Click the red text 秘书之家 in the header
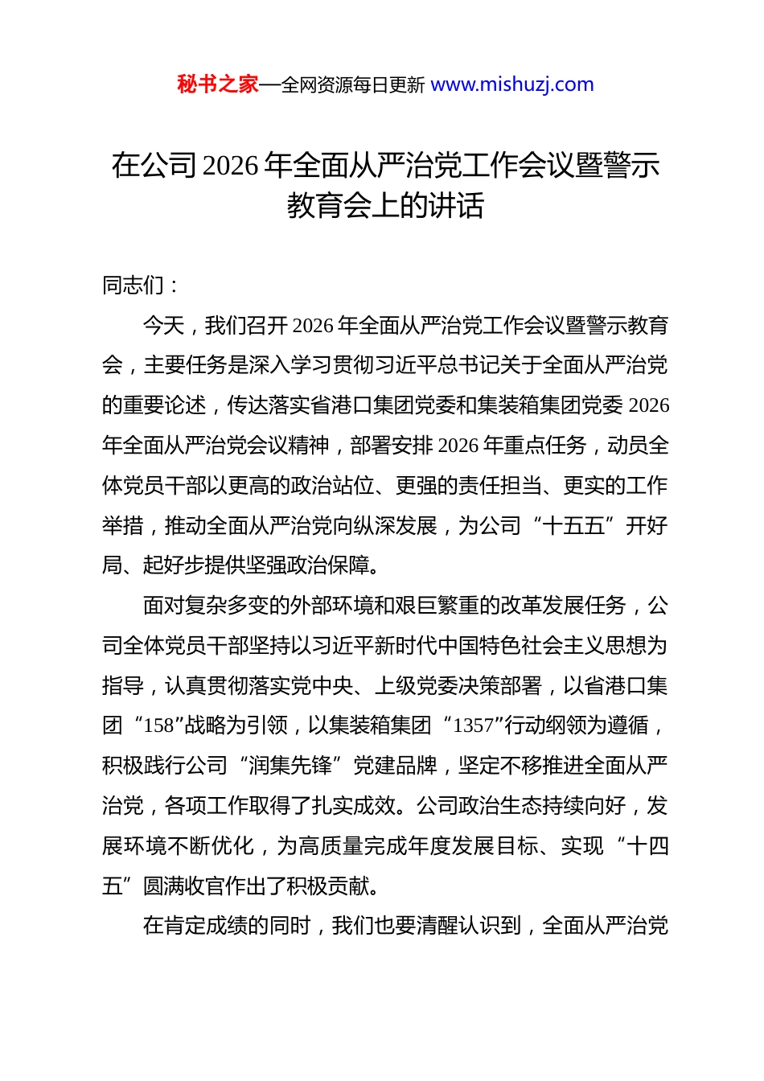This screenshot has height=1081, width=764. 218,84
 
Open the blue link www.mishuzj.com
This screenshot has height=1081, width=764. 512,84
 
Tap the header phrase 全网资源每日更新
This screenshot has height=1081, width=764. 352,85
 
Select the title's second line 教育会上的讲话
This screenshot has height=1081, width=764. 385,206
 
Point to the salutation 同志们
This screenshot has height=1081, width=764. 133,286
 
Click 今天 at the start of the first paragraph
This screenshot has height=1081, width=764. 164,326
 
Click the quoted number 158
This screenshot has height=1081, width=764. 158,725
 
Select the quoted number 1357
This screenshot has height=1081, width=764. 473,725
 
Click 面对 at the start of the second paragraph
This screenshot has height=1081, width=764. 164,606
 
